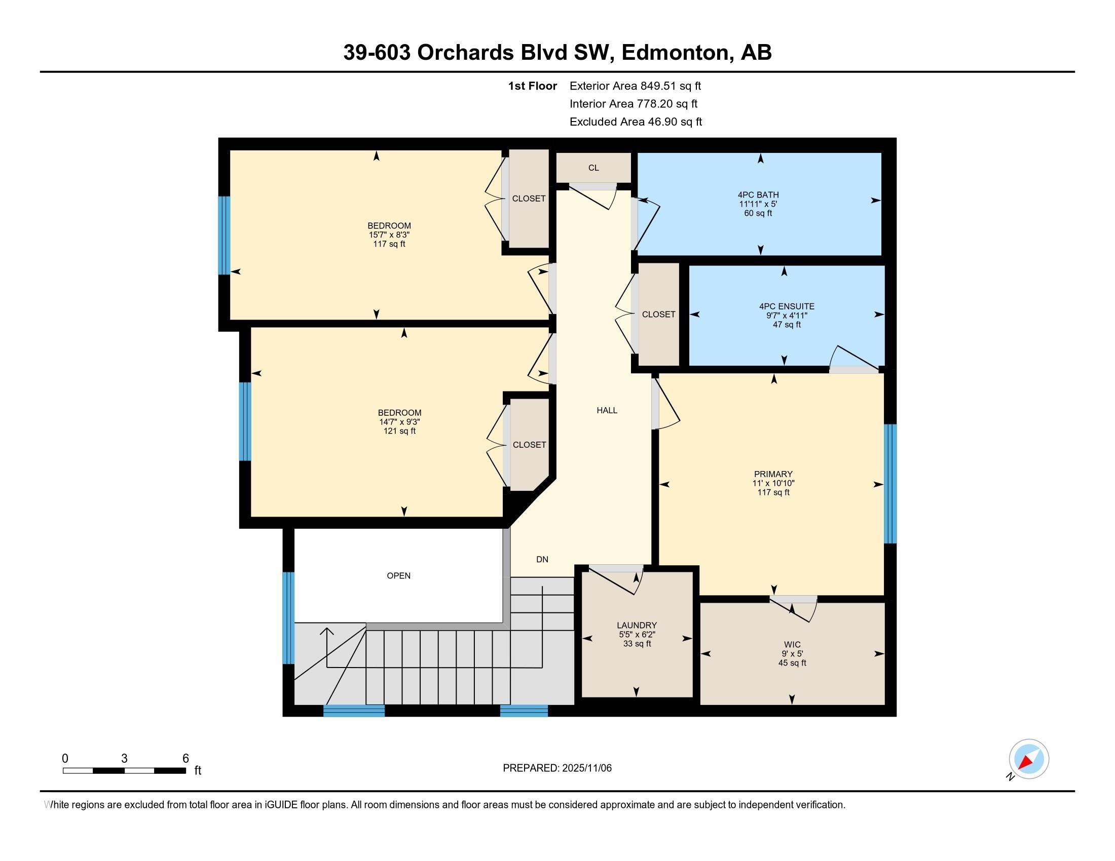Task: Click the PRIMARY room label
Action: coord(773,474)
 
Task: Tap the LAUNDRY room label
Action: coord(637,625)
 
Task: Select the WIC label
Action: coord(792,644)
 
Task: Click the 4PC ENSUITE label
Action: coord(786,306)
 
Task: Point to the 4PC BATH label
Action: coord(758,194)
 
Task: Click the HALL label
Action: coord(607,410)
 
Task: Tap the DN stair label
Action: coord(542,559)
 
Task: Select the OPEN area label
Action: coord(398,575)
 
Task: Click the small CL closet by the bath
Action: coord(593,167)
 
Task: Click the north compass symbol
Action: coord(1029,759)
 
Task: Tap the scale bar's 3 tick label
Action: coord(124,758)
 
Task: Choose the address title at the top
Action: coord(557,52)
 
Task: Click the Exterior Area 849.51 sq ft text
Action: coord(635,86)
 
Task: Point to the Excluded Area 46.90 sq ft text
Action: coord(636,122)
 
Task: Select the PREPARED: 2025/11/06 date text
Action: coord(557,768)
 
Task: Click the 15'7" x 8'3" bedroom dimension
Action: coord(389,234)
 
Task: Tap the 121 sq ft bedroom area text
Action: coord(399,431)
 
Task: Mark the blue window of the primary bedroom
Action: coord(890,484)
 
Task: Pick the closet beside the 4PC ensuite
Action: coord(658,314)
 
